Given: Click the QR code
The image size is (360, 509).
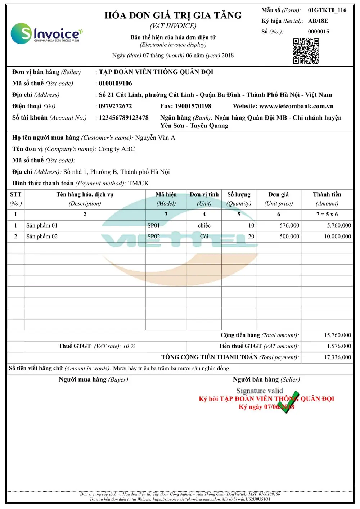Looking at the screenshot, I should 306,51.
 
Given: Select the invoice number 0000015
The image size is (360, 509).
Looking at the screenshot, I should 318,31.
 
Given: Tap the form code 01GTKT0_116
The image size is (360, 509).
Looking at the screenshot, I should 327,10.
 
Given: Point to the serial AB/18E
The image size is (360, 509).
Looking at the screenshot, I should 318,21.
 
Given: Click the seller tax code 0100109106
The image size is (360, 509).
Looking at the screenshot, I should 115,84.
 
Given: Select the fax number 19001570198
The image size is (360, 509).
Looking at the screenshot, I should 193,106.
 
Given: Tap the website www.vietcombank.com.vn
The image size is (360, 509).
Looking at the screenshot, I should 296,106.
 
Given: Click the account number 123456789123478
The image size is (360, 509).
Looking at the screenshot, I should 123,118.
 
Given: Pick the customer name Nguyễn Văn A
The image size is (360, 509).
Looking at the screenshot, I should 155,138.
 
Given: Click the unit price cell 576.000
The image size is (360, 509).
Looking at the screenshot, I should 289,225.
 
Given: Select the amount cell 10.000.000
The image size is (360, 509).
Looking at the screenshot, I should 337,237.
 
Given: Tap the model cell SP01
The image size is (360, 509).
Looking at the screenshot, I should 153,225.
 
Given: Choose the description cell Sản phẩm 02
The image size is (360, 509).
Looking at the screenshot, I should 42,237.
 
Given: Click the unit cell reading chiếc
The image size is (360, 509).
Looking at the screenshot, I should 204,225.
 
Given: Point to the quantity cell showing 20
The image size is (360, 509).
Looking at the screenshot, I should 251,237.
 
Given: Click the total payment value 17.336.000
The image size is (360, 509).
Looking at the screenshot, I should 337,357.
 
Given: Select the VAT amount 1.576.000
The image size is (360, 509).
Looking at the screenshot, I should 339,346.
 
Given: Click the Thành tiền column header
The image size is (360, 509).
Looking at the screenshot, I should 327,195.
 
